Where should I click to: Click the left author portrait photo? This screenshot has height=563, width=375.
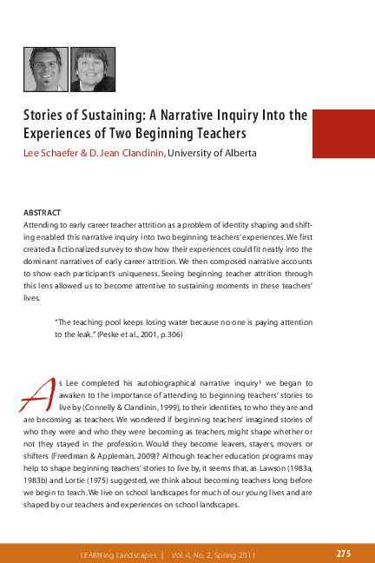tap(45, 70)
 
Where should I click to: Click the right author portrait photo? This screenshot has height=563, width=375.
tap(92, 70)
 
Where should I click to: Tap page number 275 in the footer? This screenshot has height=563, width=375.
tap(344, 553)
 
